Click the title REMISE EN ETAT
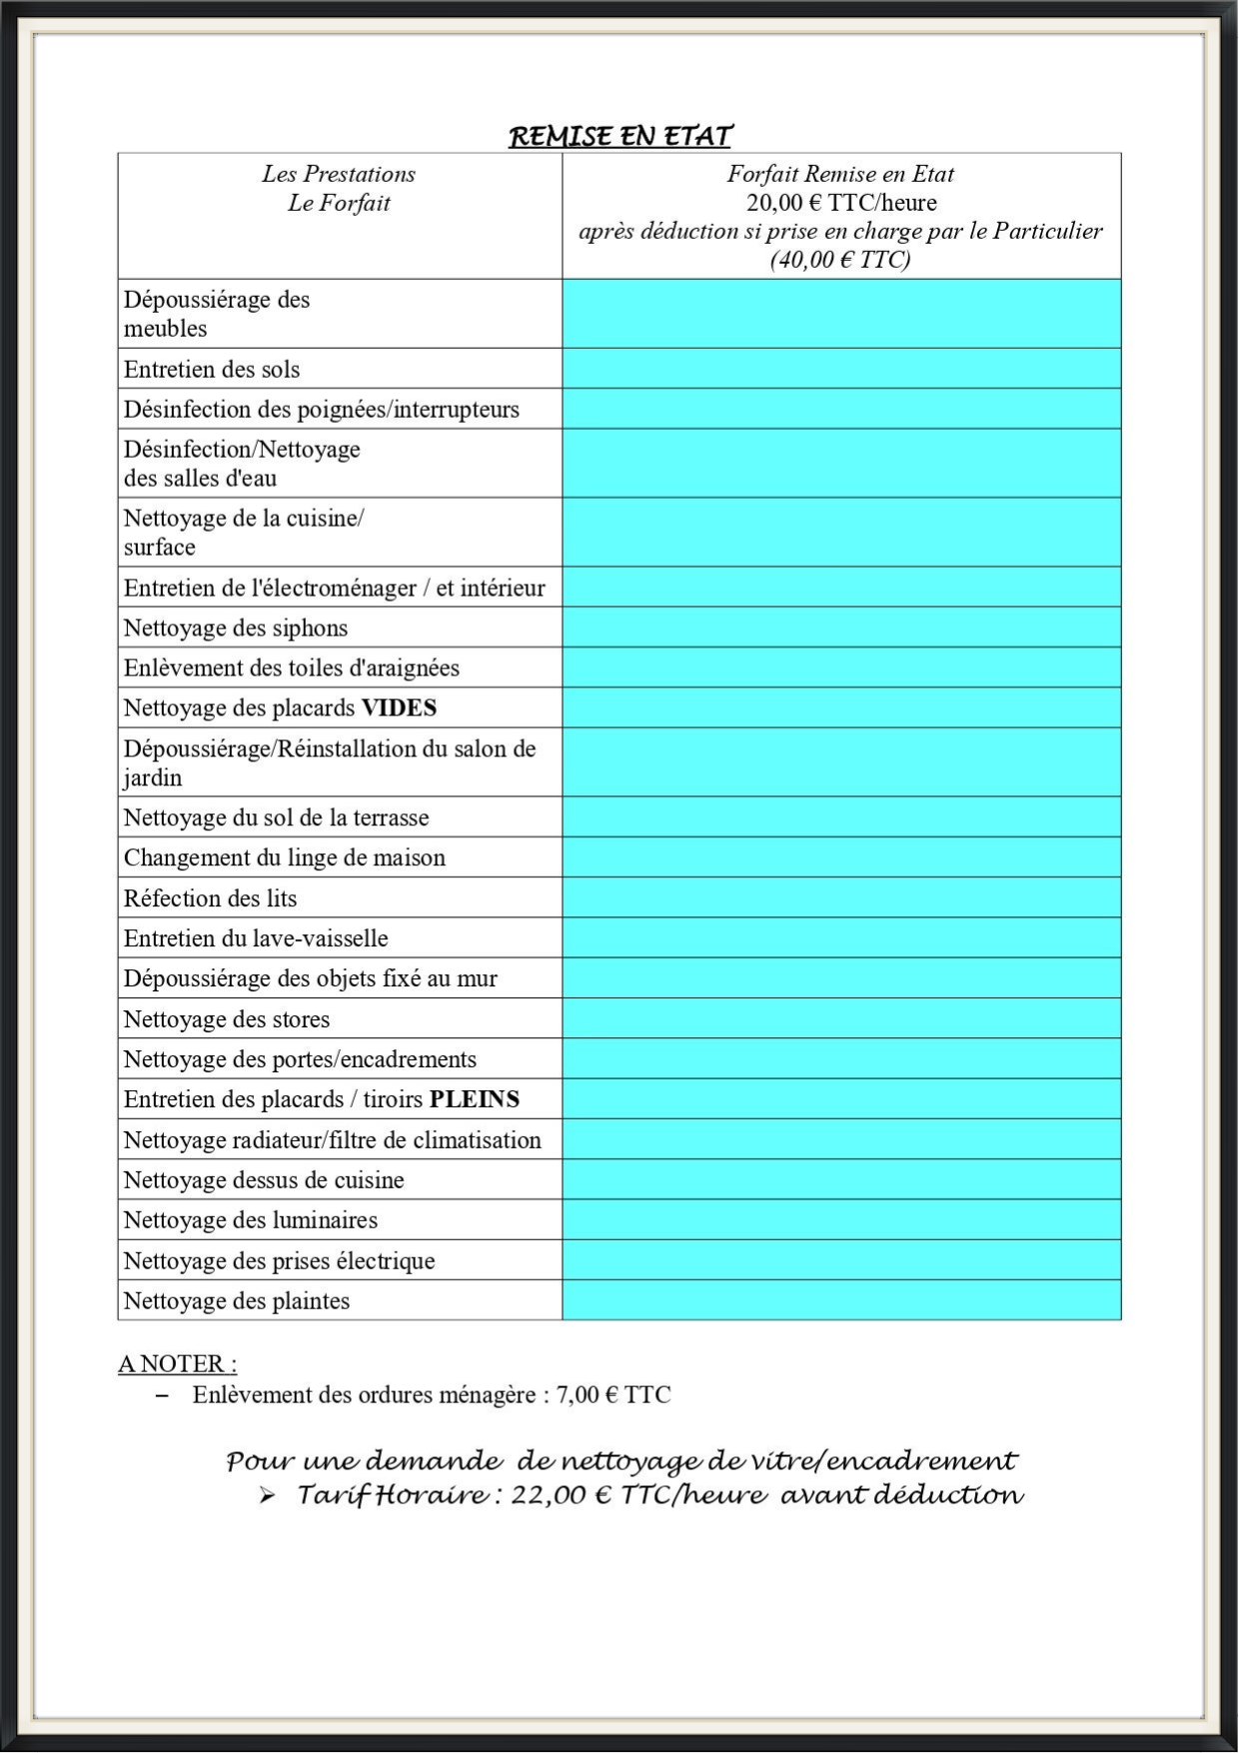pos(620,136)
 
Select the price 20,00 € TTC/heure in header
pos(841,203)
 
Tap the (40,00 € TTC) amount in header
pos(840,260)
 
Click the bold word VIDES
pos(399,708)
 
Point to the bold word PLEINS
pos(475,1099)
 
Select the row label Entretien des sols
pos(212,369)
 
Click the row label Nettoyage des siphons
pos(236,628)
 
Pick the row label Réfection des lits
pos(211,898)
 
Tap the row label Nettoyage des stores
pos(227,1019)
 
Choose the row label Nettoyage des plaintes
pos(237,1301)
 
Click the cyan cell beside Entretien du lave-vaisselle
pos(841,938)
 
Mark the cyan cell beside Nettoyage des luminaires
pos(841,1220)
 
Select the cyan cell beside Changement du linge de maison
pos(841,858)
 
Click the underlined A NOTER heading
pos(177,1363)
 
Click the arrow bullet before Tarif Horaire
pos(267,1496)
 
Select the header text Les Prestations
pos(339,174)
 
